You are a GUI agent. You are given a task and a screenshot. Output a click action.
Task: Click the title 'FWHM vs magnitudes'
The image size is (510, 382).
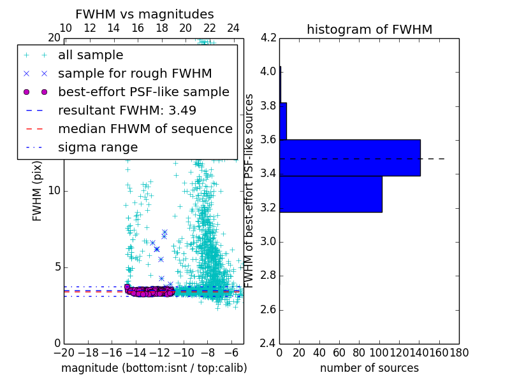pyautogui.click(x=145, y=15)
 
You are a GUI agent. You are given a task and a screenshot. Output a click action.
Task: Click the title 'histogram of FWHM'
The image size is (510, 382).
pyautogui.click(x=369, y=29)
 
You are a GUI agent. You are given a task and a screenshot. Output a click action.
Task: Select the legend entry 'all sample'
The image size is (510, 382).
pyautogui.click(x=91, y=55)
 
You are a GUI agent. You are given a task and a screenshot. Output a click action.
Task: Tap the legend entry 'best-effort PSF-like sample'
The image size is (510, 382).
pyautogui.click(x=143, y=92)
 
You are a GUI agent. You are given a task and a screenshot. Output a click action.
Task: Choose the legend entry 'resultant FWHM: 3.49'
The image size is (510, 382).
pyautogui.click(x=127, y=110)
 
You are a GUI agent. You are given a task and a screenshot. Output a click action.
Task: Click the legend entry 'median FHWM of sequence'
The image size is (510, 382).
pyautogui.click(x=145, y=129)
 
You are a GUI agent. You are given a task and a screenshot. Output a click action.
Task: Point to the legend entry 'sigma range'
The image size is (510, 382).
pyautogui.click(x=98, y=147)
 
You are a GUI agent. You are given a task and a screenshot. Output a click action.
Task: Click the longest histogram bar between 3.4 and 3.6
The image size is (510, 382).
pyautogui.click(x=349, y=157)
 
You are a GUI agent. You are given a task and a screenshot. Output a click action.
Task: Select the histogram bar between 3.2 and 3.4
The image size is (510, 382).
pyautogui.click(x=330, y=194)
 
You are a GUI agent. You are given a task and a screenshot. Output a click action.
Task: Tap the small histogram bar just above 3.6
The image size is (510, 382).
pyautogui.click(x=283, y=121)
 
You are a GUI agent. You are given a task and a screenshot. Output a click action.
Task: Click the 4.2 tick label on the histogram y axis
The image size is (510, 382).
pyautogui.click(x=269, y=38)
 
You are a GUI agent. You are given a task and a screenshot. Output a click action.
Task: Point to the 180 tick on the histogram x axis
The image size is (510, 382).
pyautogui.click(x=459, y=351)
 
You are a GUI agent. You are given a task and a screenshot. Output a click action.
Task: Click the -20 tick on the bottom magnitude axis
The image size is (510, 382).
pyautogui.click(x=64, y=351)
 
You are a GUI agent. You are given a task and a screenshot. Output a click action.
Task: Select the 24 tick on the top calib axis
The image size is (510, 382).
pyautogui.click(x=233, y=28)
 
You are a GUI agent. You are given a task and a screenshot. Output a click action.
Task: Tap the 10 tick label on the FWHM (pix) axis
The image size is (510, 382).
pyautogui.click(x=54, y=190)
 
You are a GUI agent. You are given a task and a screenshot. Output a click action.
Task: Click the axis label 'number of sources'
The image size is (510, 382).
pyautogui.click(x=369, y=368)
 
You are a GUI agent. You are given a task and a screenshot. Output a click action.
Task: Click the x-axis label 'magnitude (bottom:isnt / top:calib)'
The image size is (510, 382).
pyautogui.click(x=154, y=368)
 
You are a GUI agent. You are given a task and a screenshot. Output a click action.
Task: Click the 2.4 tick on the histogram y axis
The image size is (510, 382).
pyautogui.click(x=269, y=343)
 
